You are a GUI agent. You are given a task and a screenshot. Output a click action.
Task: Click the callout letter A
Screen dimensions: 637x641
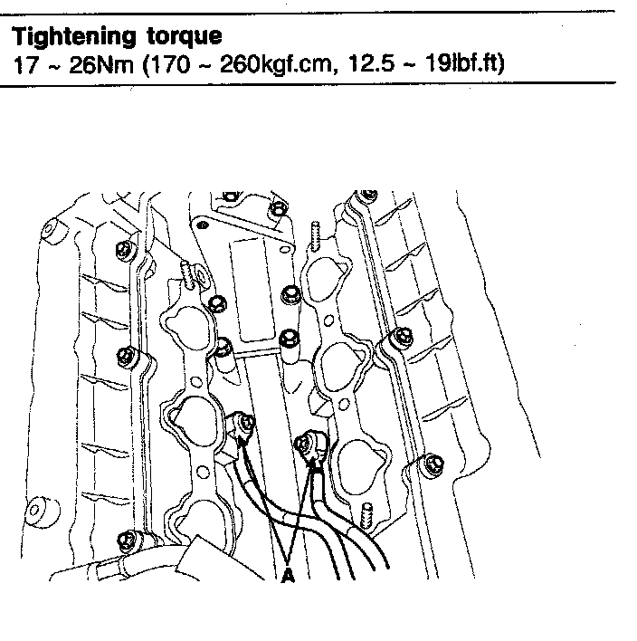point(289,574)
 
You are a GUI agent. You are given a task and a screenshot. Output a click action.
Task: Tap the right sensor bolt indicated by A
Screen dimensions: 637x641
point(307,443)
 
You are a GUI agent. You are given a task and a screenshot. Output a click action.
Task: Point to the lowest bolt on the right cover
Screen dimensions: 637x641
point(430,465)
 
